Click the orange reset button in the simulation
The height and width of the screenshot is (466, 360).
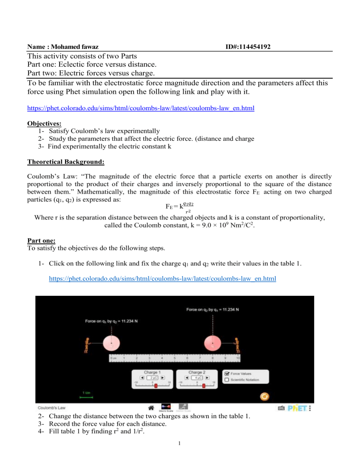point(265,396)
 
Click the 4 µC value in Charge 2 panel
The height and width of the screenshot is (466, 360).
point(196,376)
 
